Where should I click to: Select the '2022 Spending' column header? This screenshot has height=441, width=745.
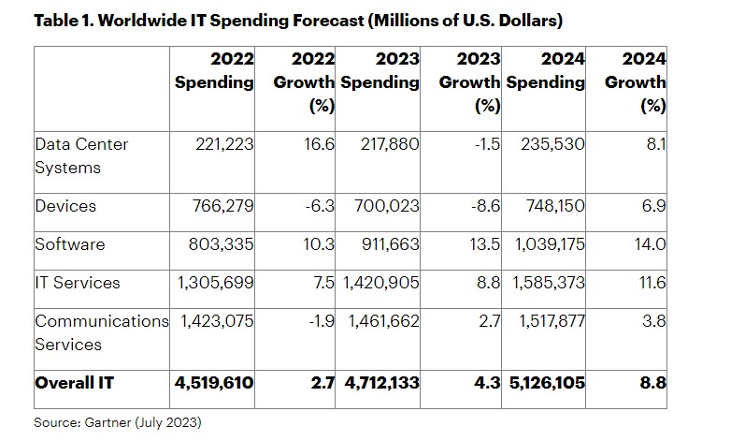click(215, 70)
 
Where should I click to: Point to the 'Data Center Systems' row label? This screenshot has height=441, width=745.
click(81, 155)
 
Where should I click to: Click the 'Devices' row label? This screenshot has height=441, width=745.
click(65, 205)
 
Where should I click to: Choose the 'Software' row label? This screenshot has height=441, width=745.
click(70, 244)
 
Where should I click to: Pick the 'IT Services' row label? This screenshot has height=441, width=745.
click(78, 283)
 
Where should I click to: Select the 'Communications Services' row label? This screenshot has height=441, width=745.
click(101, 332)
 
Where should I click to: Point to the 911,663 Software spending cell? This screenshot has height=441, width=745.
click(390, 244)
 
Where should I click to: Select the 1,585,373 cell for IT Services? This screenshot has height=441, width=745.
click(551, 283)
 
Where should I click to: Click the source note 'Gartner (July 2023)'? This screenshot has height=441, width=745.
click(118, 422)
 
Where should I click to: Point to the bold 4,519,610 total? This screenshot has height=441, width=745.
click(214, 382)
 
